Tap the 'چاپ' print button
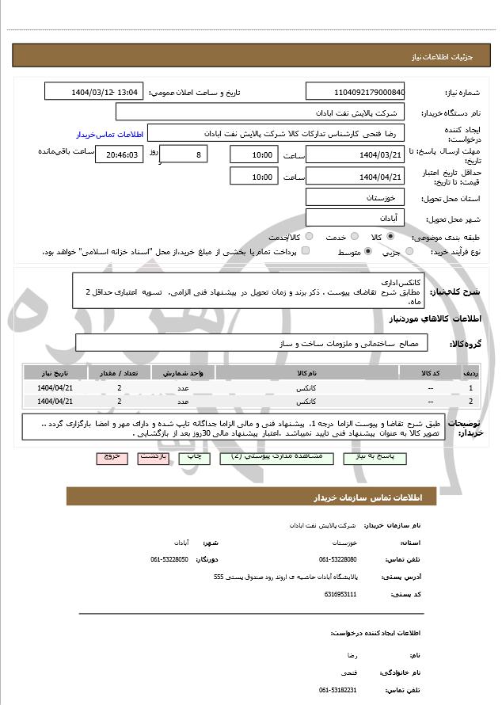(x=193, y=459)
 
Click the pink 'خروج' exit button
(x=111, y=459)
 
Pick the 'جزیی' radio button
(x=409, y=252)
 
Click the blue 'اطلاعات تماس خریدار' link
(x=108, y=135)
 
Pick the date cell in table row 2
(x=55, y=402)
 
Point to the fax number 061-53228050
(x=169, y=559)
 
